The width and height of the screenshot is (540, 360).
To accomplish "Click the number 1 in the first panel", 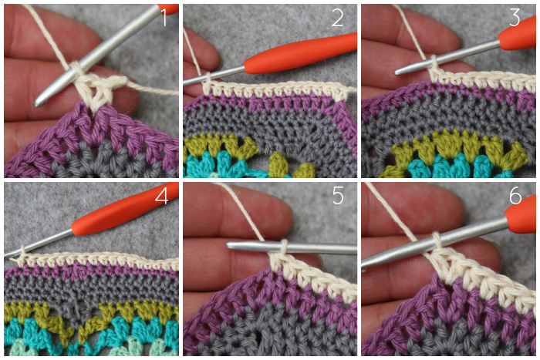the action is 164,18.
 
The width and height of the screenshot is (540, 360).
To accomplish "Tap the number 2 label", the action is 338,18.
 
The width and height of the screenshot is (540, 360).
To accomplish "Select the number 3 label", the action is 515,18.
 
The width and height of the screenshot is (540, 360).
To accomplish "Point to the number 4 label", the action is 161,196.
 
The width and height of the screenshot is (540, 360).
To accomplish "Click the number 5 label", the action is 338,196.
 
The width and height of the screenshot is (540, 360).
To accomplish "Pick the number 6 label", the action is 515,196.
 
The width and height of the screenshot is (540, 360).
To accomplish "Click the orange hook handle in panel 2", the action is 300,52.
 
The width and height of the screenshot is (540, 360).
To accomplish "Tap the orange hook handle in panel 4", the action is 124,210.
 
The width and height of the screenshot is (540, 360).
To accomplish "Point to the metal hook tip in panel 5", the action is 228,245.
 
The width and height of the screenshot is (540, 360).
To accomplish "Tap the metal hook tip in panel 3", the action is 397,72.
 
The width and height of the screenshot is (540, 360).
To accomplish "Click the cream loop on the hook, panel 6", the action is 437,240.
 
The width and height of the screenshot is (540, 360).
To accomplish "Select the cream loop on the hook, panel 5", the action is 283,247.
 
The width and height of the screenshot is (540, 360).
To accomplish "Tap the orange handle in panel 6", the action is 521,217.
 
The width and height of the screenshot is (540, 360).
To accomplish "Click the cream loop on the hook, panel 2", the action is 208,79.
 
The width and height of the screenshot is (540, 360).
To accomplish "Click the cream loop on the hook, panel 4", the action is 22,251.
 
